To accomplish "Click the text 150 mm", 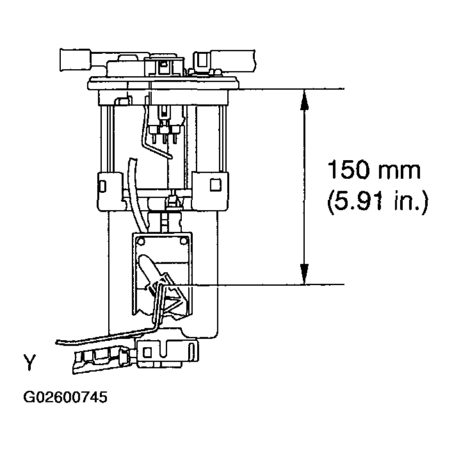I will [x=374, y=171].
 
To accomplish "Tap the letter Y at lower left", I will [x=29, y=365].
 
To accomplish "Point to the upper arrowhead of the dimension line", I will [x=305, y=97].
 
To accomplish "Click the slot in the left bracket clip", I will [x=102, y=186].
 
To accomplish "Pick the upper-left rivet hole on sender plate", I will [x=141, y=242].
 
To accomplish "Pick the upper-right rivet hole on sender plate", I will [x=184, y=241].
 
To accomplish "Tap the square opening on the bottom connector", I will [x=147, y=352].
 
